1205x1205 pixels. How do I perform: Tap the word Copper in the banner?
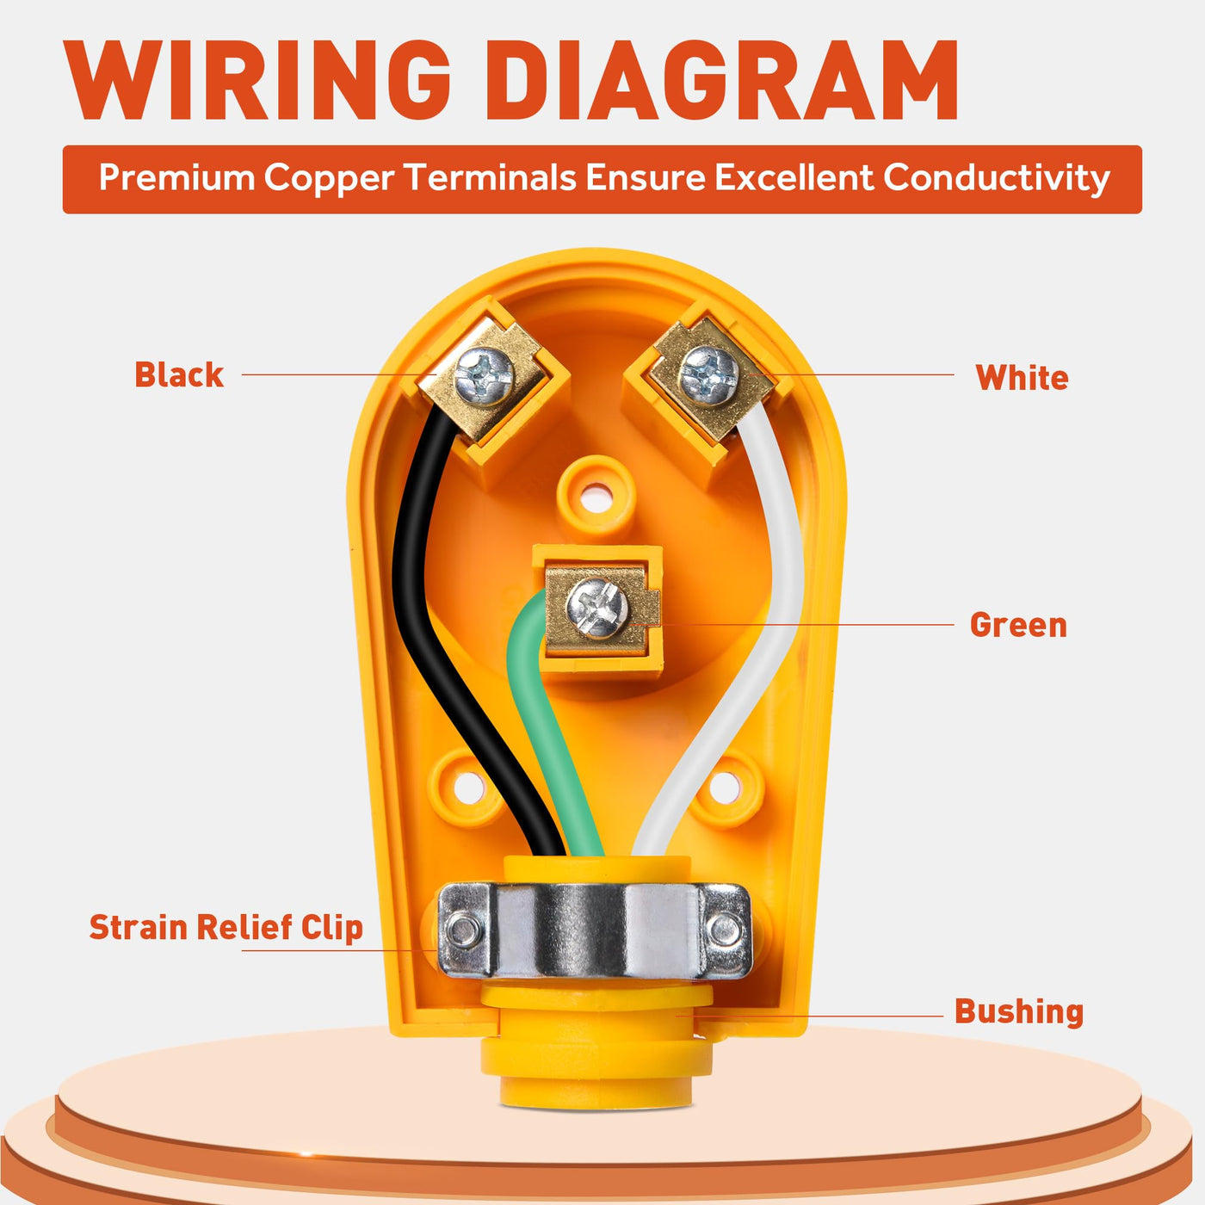pos(329,179)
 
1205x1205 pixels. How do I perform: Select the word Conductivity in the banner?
pos(996,178)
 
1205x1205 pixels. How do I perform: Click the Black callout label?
pos(179,375)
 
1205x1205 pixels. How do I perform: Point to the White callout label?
pos(1022,378)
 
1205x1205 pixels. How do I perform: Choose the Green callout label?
pos(1018,626)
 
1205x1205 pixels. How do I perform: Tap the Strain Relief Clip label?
pos(226,927)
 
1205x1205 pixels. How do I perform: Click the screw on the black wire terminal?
pos(484,377)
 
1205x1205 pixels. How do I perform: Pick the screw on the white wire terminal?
pos(708,375)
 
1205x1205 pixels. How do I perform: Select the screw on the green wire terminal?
pos(597,608)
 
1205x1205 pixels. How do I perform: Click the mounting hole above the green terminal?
pos(596,498)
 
